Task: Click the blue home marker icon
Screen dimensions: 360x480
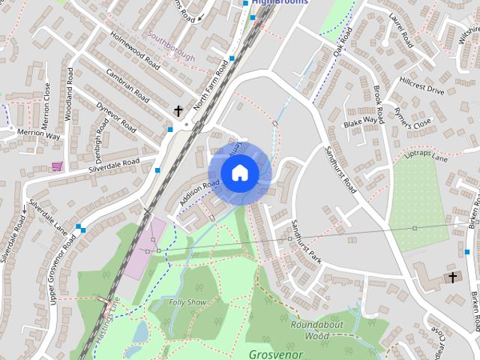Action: (x=239, y=172)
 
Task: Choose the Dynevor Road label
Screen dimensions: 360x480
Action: (x=115, y=116)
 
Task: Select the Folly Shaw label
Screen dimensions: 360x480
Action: (x=187, y=301)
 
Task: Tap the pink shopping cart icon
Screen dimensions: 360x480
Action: (x=56, y=166)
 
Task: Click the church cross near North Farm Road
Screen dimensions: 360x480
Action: (x=178, y=112)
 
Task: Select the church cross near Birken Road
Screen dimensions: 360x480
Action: (x=452, y=278)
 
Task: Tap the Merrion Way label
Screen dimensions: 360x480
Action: (x=38, y=135)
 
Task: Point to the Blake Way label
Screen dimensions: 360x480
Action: (x=360, y=121)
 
